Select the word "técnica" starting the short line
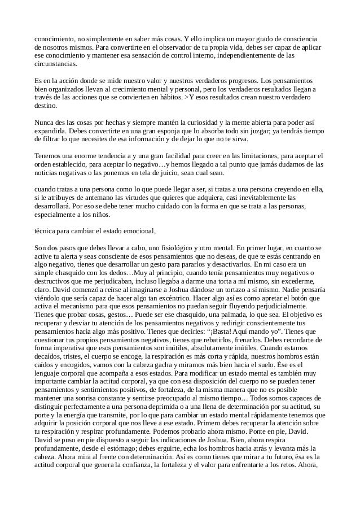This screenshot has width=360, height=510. pos(47,231)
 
